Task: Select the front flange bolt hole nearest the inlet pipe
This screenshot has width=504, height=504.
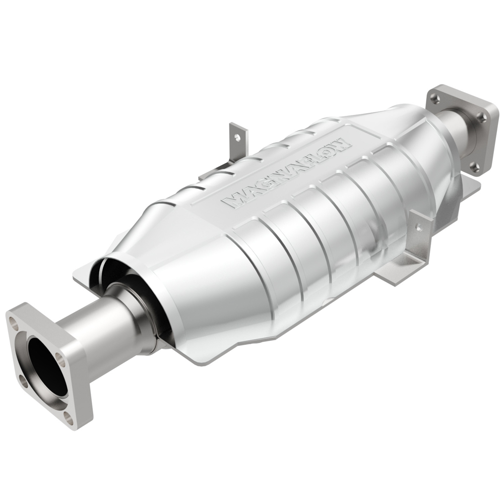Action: pos(60,358)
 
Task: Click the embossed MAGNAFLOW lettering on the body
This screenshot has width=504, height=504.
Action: pos(287,171)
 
